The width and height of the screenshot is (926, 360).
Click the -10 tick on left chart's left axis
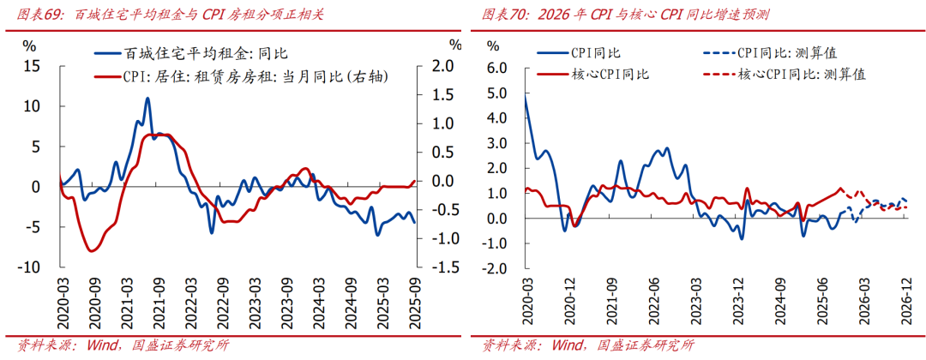click(x=31, y=267)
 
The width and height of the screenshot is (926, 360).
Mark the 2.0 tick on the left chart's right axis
click(x=442, y=66)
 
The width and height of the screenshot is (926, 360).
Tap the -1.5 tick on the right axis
click(x=440, y=267)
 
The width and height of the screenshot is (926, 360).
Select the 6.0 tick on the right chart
click(x=497, y=68)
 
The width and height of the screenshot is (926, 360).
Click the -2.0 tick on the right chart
click(x=496, y=268)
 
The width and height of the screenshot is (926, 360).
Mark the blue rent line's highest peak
click(x=147, y=99)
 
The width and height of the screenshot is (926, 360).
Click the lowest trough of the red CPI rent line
click(x=92, y=250)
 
